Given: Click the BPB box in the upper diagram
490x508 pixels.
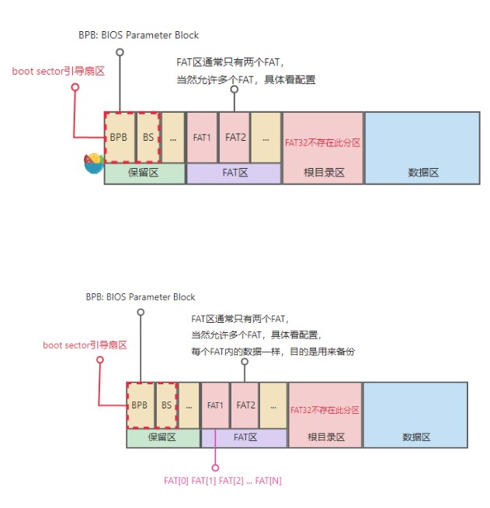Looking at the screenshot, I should (x=119, y=137).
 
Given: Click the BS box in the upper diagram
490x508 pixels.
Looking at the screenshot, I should (x=148, y=137).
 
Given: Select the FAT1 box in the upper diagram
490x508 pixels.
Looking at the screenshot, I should (x=202, y=137).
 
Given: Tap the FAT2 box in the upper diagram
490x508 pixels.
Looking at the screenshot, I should (x=235, y=137).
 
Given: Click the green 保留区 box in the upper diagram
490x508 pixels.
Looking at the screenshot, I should (x=144, y=173).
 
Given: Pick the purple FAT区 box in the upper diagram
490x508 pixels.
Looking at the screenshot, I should (x=234, y=173).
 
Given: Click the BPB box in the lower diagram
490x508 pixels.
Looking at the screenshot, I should (x=140, y=405).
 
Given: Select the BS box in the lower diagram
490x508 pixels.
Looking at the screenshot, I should (x=166, y=405).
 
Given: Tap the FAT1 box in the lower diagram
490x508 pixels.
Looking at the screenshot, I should (x=215, y=405).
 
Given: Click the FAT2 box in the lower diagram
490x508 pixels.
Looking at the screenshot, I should (x=246, y=405).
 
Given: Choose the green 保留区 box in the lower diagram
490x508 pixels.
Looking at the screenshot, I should (x=162, y=438).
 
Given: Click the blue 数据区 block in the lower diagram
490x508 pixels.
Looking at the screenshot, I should (x=415, y=415).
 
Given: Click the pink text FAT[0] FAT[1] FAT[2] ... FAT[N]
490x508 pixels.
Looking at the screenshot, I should (x=223, y=481).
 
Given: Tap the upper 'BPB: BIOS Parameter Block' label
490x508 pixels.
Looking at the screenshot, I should (x=139, y=35).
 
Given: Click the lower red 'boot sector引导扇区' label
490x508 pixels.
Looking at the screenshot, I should (x=85, y=345).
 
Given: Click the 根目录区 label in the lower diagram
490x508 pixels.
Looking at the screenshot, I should (x=325, y=438).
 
